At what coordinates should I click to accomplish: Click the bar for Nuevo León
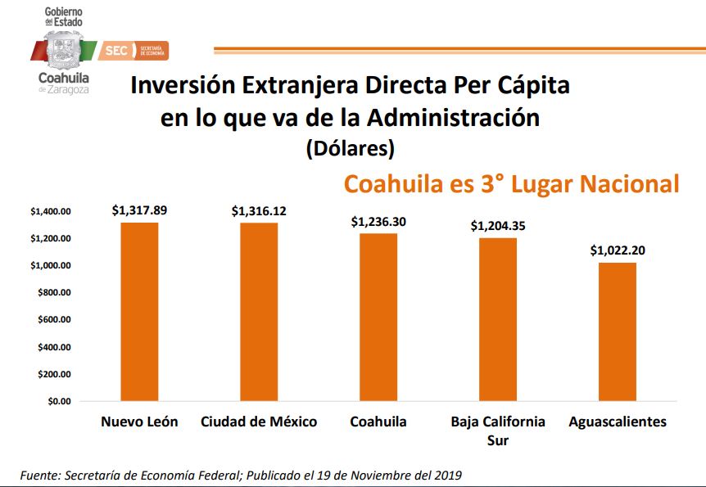click(139, 312)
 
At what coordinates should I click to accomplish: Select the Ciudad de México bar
click(259, 312)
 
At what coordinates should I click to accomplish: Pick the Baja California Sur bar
click(498, 319)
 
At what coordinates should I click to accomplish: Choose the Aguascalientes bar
click(618, 331)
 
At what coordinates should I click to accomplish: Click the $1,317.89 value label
click(139, 210)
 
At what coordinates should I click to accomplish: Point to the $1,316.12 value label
click(259, 211)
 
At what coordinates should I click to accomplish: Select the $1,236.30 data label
click(378, 222)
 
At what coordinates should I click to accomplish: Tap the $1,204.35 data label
click(498, 226)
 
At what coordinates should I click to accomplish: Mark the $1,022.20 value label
click(618, 250)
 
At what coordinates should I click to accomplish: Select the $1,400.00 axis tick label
click(52, 211)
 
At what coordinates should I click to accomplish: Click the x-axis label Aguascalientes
click(618, 422)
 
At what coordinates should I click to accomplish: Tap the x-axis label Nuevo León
click(139, 422)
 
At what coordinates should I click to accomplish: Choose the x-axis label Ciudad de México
click(259, 422)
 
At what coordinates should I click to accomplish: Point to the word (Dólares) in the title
click(350, 149)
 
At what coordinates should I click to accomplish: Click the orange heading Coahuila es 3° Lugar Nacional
click(511, 184)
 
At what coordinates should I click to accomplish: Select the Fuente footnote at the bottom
click(242, 475)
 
